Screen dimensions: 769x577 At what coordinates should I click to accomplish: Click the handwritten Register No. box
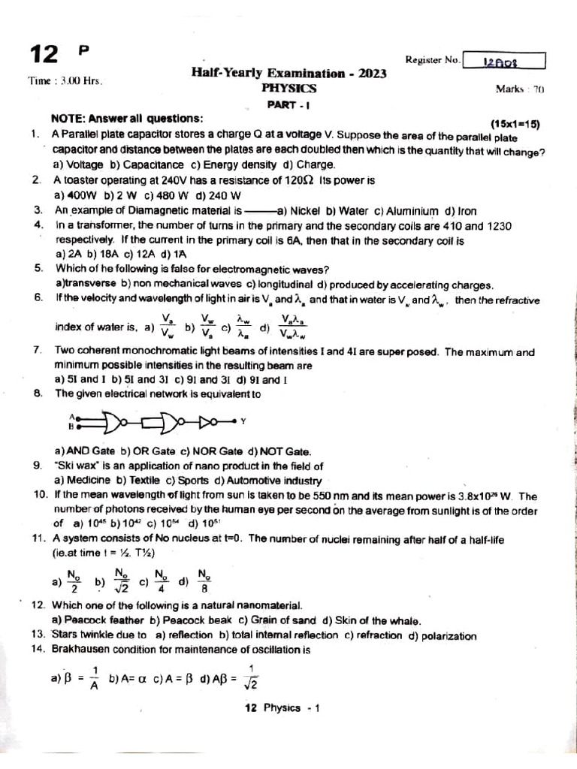(504, 61)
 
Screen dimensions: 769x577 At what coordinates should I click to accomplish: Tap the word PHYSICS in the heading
(288, 88)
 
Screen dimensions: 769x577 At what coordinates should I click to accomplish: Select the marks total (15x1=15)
(515, 124)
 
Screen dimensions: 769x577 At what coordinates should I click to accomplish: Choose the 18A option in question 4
(98, 254)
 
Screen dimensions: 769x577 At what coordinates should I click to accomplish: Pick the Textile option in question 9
(141, 481)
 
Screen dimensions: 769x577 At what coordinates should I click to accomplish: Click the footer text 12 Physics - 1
(282, 707)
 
